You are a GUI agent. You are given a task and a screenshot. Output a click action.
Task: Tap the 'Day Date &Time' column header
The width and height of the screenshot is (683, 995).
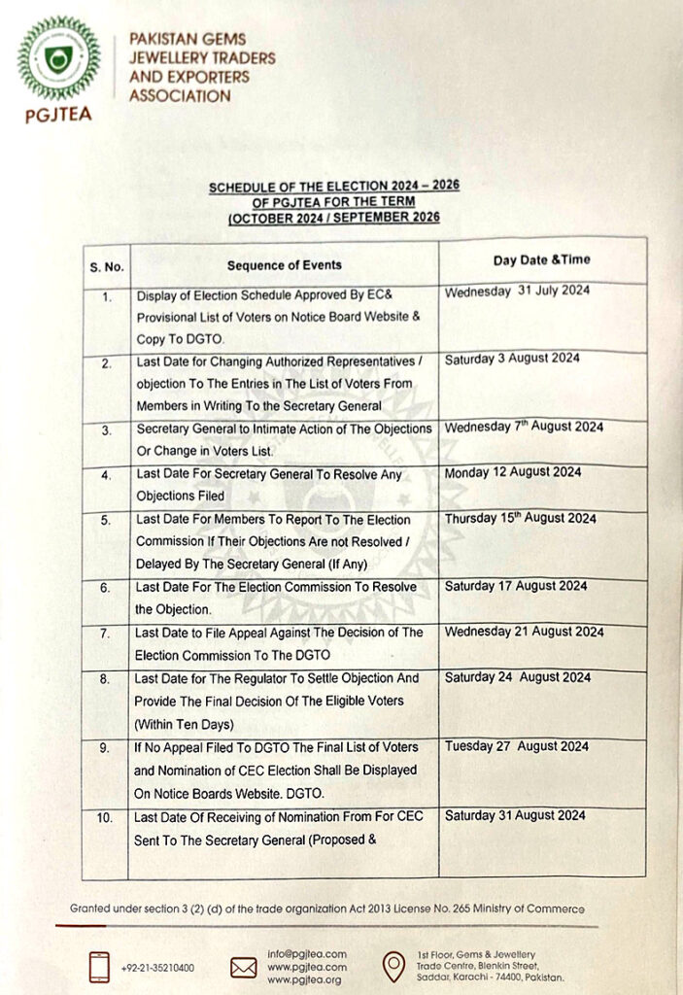tap(541, 259)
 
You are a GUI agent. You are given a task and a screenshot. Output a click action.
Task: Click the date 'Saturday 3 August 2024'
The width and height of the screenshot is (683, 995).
tap(512, 359)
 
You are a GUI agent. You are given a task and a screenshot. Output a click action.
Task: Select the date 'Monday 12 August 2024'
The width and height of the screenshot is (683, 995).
tap(513, 472)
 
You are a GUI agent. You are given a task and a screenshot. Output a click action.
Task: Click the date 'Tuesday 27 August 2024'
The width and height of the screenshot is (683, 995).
tap(516, 746)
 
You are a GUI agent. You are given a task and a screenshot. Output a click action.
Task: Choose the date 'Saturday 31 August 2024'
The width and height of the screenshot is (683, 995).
tap(515, 815)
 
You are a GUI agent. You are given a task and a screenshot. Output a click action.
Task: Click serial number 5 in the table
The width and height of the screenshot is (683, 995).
tap(106, 521)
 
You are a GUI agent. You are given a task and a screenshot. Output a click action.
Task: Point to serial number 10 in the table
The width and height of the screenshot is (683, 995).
tap(106, 818)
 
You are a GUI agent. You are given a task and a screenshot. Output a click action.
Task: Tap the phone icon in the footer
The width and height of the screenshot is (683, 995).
tap(99, 967)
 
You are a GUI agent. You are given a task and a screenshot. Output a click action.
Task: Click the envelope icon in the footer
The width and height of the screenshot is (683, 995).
tap(243, 967)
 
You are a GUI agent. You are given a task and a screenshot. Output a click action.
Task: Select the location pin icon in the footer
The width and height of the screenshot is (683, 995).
tap(393, 966)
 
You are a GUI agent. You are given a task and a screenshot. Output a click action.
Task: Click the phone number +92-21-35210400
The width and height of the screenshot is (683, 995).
tap(158, 968)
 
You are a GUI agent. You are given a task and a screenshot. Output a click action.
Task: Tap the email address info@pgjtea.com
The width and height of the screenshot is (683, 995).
tap(306, 953)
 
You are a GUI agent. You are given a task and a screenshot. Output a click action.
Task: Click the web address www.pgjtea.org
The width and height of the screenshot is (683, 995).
tap(305, 979)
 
